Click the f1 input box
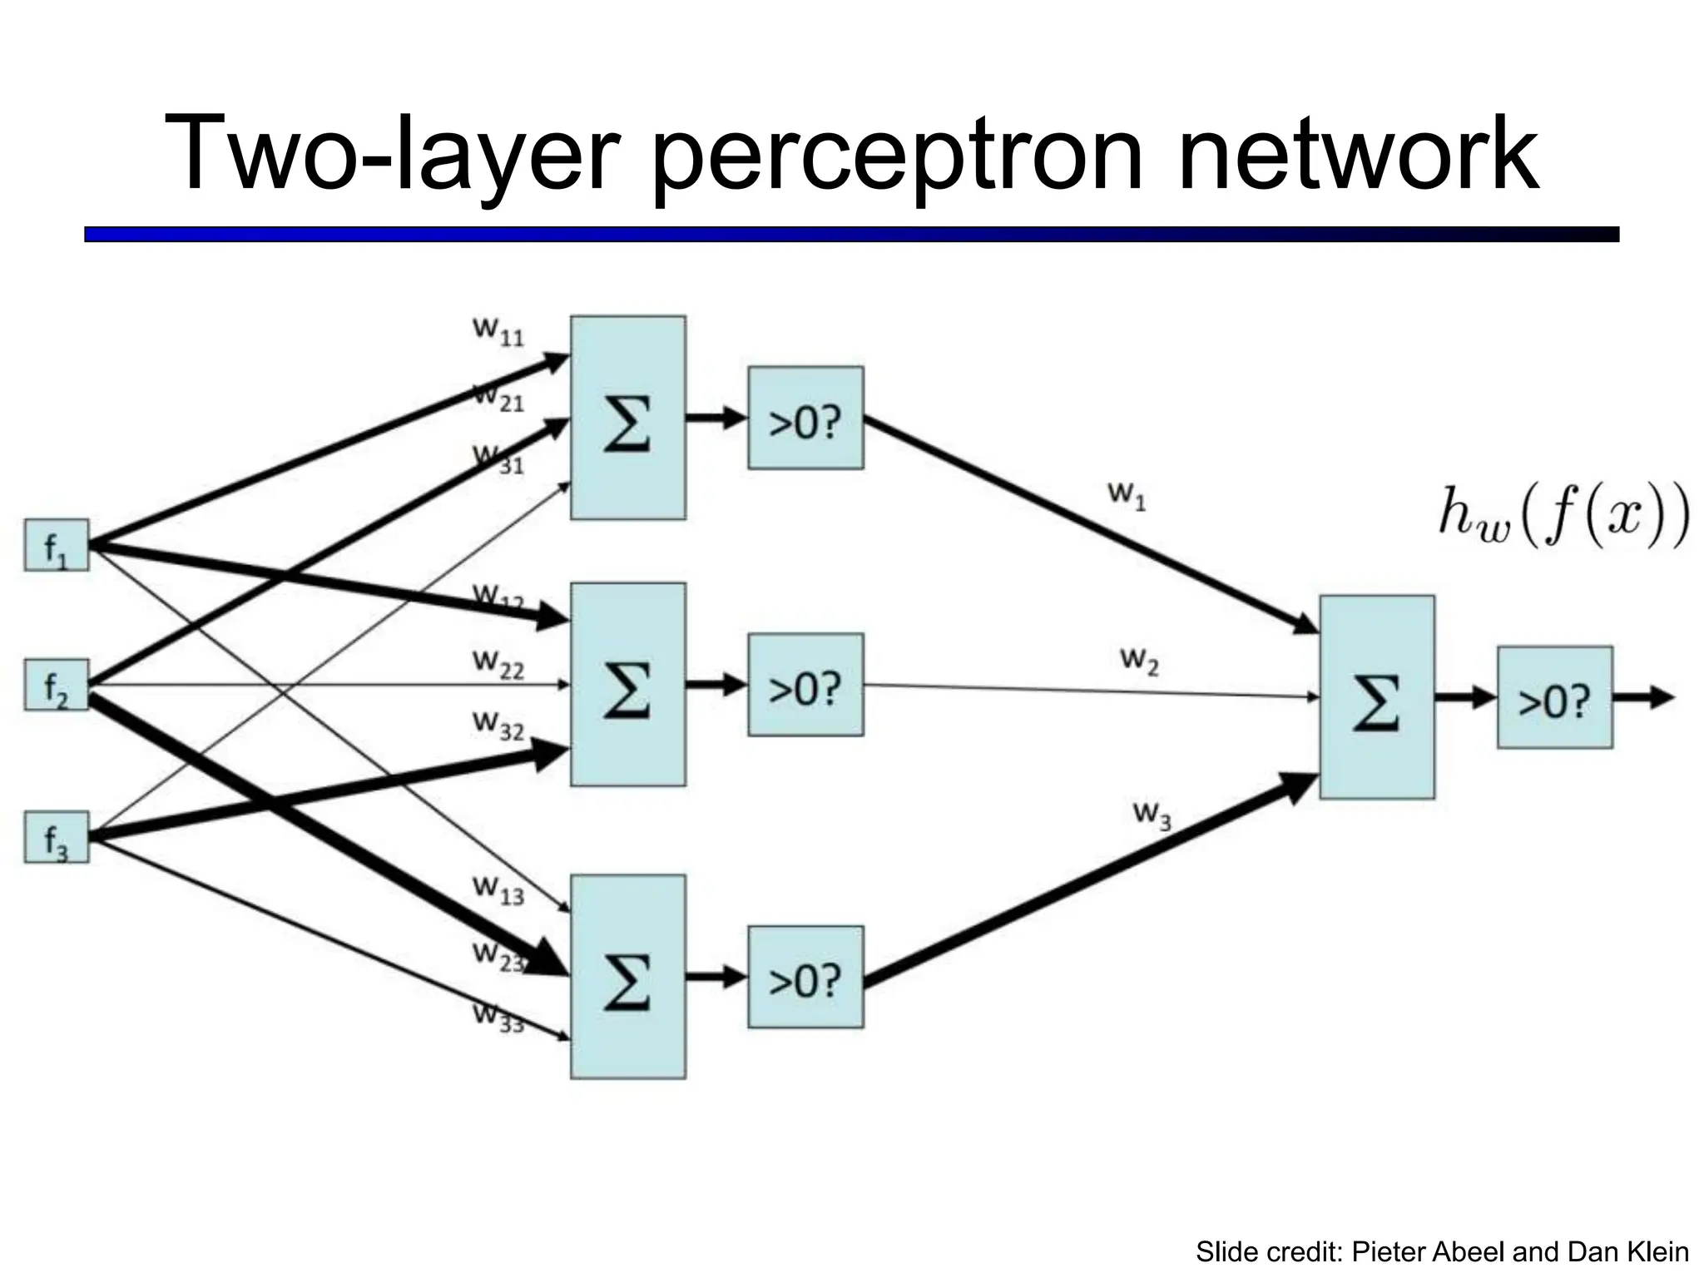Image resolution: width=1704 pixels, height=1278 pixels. coord(56,545)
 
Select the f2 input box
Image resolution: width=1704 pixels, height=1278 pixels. coord(56,685)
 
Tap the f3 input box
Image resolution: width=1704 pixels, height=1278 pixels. coord(56,836)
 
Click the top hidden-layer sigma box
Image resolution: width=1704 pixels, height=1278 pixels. coord(627,418)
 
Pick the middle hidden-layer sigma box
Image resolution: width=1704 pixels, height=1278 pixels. coord(627,684)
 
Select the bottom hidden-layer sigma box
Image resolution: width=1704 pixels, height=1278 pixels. coord(627,977)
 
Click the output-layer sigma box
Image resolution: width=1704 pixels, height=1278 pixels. coord(1376,697)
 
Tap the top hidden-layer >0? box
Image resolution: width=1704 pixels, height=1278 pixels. coord(805,418)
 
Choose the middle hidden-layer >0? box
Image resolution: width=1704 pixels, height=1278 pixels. coord(805,684)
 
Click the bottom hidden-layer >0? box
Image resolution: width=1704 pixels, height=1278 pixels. coord(805,977)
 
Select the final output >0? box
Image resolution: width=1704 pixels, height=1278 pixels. coord(1554,697)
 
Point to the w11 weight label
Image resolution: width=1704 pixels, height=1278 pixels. coord(498,331)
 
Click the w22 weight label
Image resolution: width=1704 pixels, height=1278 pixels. coord(498,664)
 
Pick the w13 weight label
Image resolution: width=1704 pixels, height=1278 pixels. coord(498,890)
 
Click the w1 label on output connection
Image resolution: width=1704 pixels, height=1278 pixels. coord(1127,496)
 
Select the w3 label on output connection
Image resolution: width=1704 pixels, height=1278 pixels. coord(1152,815)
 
